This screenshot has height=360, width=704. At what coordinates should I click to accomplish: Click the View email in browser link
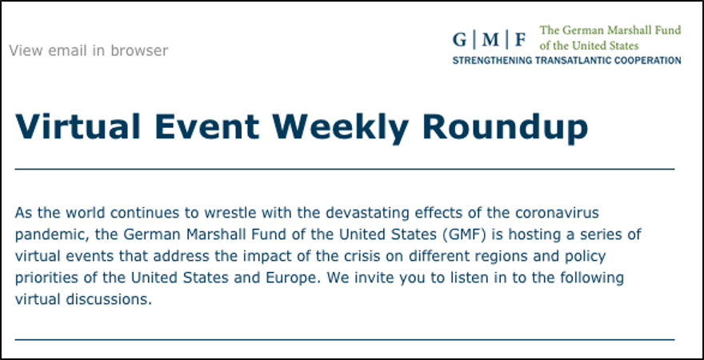pos(89,50)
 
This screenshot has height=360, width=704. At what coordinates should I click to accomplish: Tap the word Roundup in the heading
pos(505,128)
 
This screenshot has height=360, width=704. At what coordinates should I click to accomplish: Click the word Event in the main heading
pos(206,127)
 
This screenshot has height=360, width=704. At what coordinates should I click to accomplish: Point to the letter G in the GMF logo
pos(460,40)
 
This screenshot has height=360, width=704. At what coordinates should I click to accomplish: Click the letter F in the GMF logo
pos(520,40)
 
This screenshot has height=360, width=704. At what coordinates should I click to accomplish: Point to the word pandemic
pos(45,234)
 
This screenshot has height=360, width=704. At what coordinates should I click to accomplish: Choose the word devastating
pos(368,213)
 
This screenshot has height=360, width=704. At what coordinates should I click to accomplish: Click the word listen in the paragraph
pos(430,278)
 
